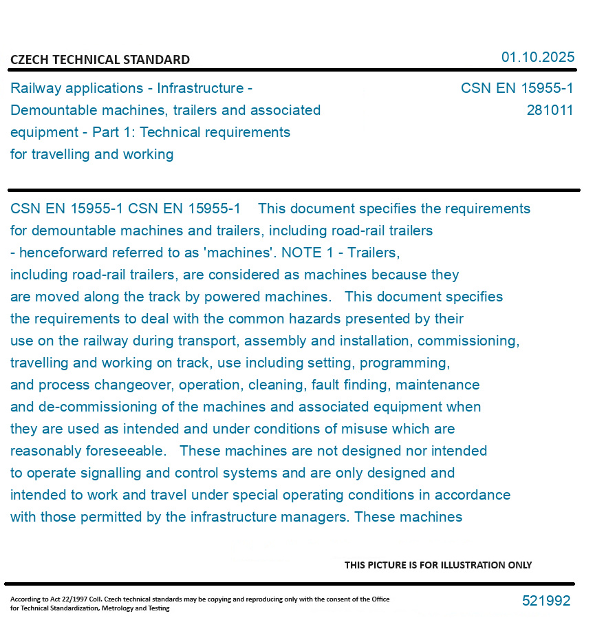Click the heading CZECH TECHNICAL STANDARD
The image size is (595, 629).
coord(100,60)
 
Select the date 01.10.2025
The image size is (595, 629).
coord(537,57)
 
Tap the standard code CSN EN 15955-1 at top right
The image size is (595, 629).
coord(517,88)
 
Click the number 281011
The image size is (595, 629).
coord(550,110)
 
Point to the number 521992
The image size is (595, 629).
coord(546,601)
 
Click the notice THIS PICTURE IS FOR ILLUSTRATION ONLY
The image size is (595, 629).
coord(438,565)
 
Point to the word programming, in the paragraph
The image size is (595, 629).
coord(405,363)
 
